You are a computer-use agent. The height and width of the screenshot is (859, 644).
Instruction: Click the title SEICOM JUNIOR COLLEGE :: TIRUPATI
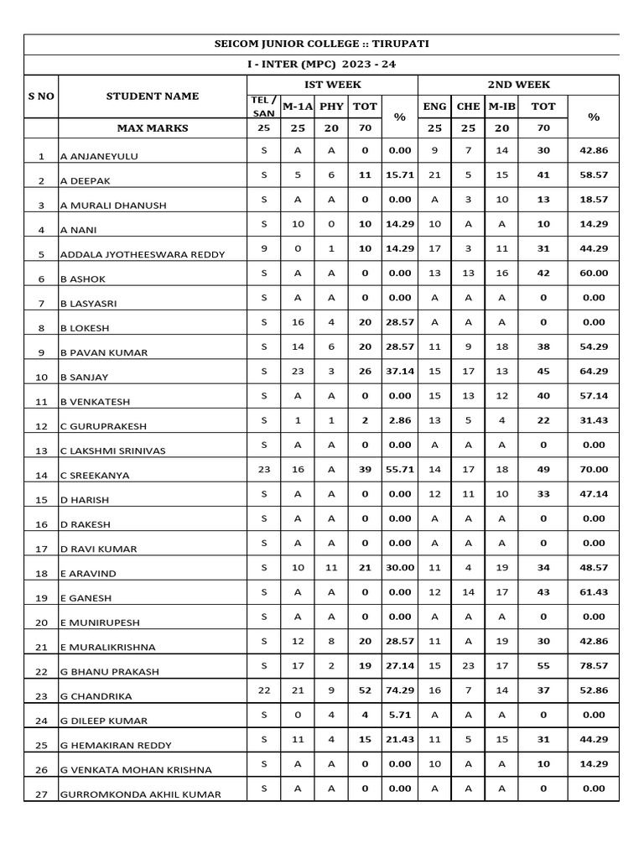323,44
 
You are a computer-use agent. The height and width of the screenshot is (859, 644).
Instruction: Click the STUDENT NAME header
153,96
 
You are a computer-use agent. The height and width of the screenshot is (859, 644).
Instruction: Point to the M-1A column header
297,107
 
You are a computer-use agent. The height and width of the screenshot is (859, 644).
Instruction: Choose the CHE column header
468,107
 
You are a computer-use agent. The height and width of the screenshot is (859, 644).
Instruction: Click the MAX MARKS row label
153,128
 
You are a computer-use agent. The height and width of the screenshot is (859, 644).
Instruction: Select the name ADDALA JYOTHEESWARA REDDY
143,254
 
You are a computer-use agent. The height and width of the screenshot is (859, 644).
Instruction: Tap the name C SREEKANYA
95,475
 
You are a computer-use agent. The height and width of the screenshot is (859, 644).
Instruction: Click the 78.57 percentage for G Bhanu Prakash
593,665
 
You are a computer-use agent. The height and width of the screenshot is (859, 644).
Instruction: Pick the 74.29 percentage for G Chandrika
399,690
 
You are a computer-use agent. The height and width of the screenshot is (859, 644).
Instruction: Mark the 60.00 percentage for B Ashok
593,273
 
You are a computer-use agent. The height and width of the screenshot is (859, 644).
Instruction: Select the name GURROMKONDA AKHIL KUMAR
141,794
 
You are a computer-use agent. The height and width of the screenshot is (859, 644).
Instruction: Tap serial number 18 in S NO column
41,574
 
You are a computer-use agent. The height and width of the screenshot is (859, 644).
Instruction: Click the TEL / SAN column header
263,107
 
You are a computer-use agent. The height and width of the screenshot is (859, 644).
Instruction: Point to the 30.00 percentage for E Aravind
399,567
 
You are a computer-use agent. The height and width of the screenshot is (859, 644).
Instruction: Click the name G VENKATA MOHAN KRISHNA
135,769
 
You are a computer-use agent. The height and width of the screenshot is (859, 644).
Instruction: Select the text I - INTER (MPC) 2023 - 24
323,65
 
